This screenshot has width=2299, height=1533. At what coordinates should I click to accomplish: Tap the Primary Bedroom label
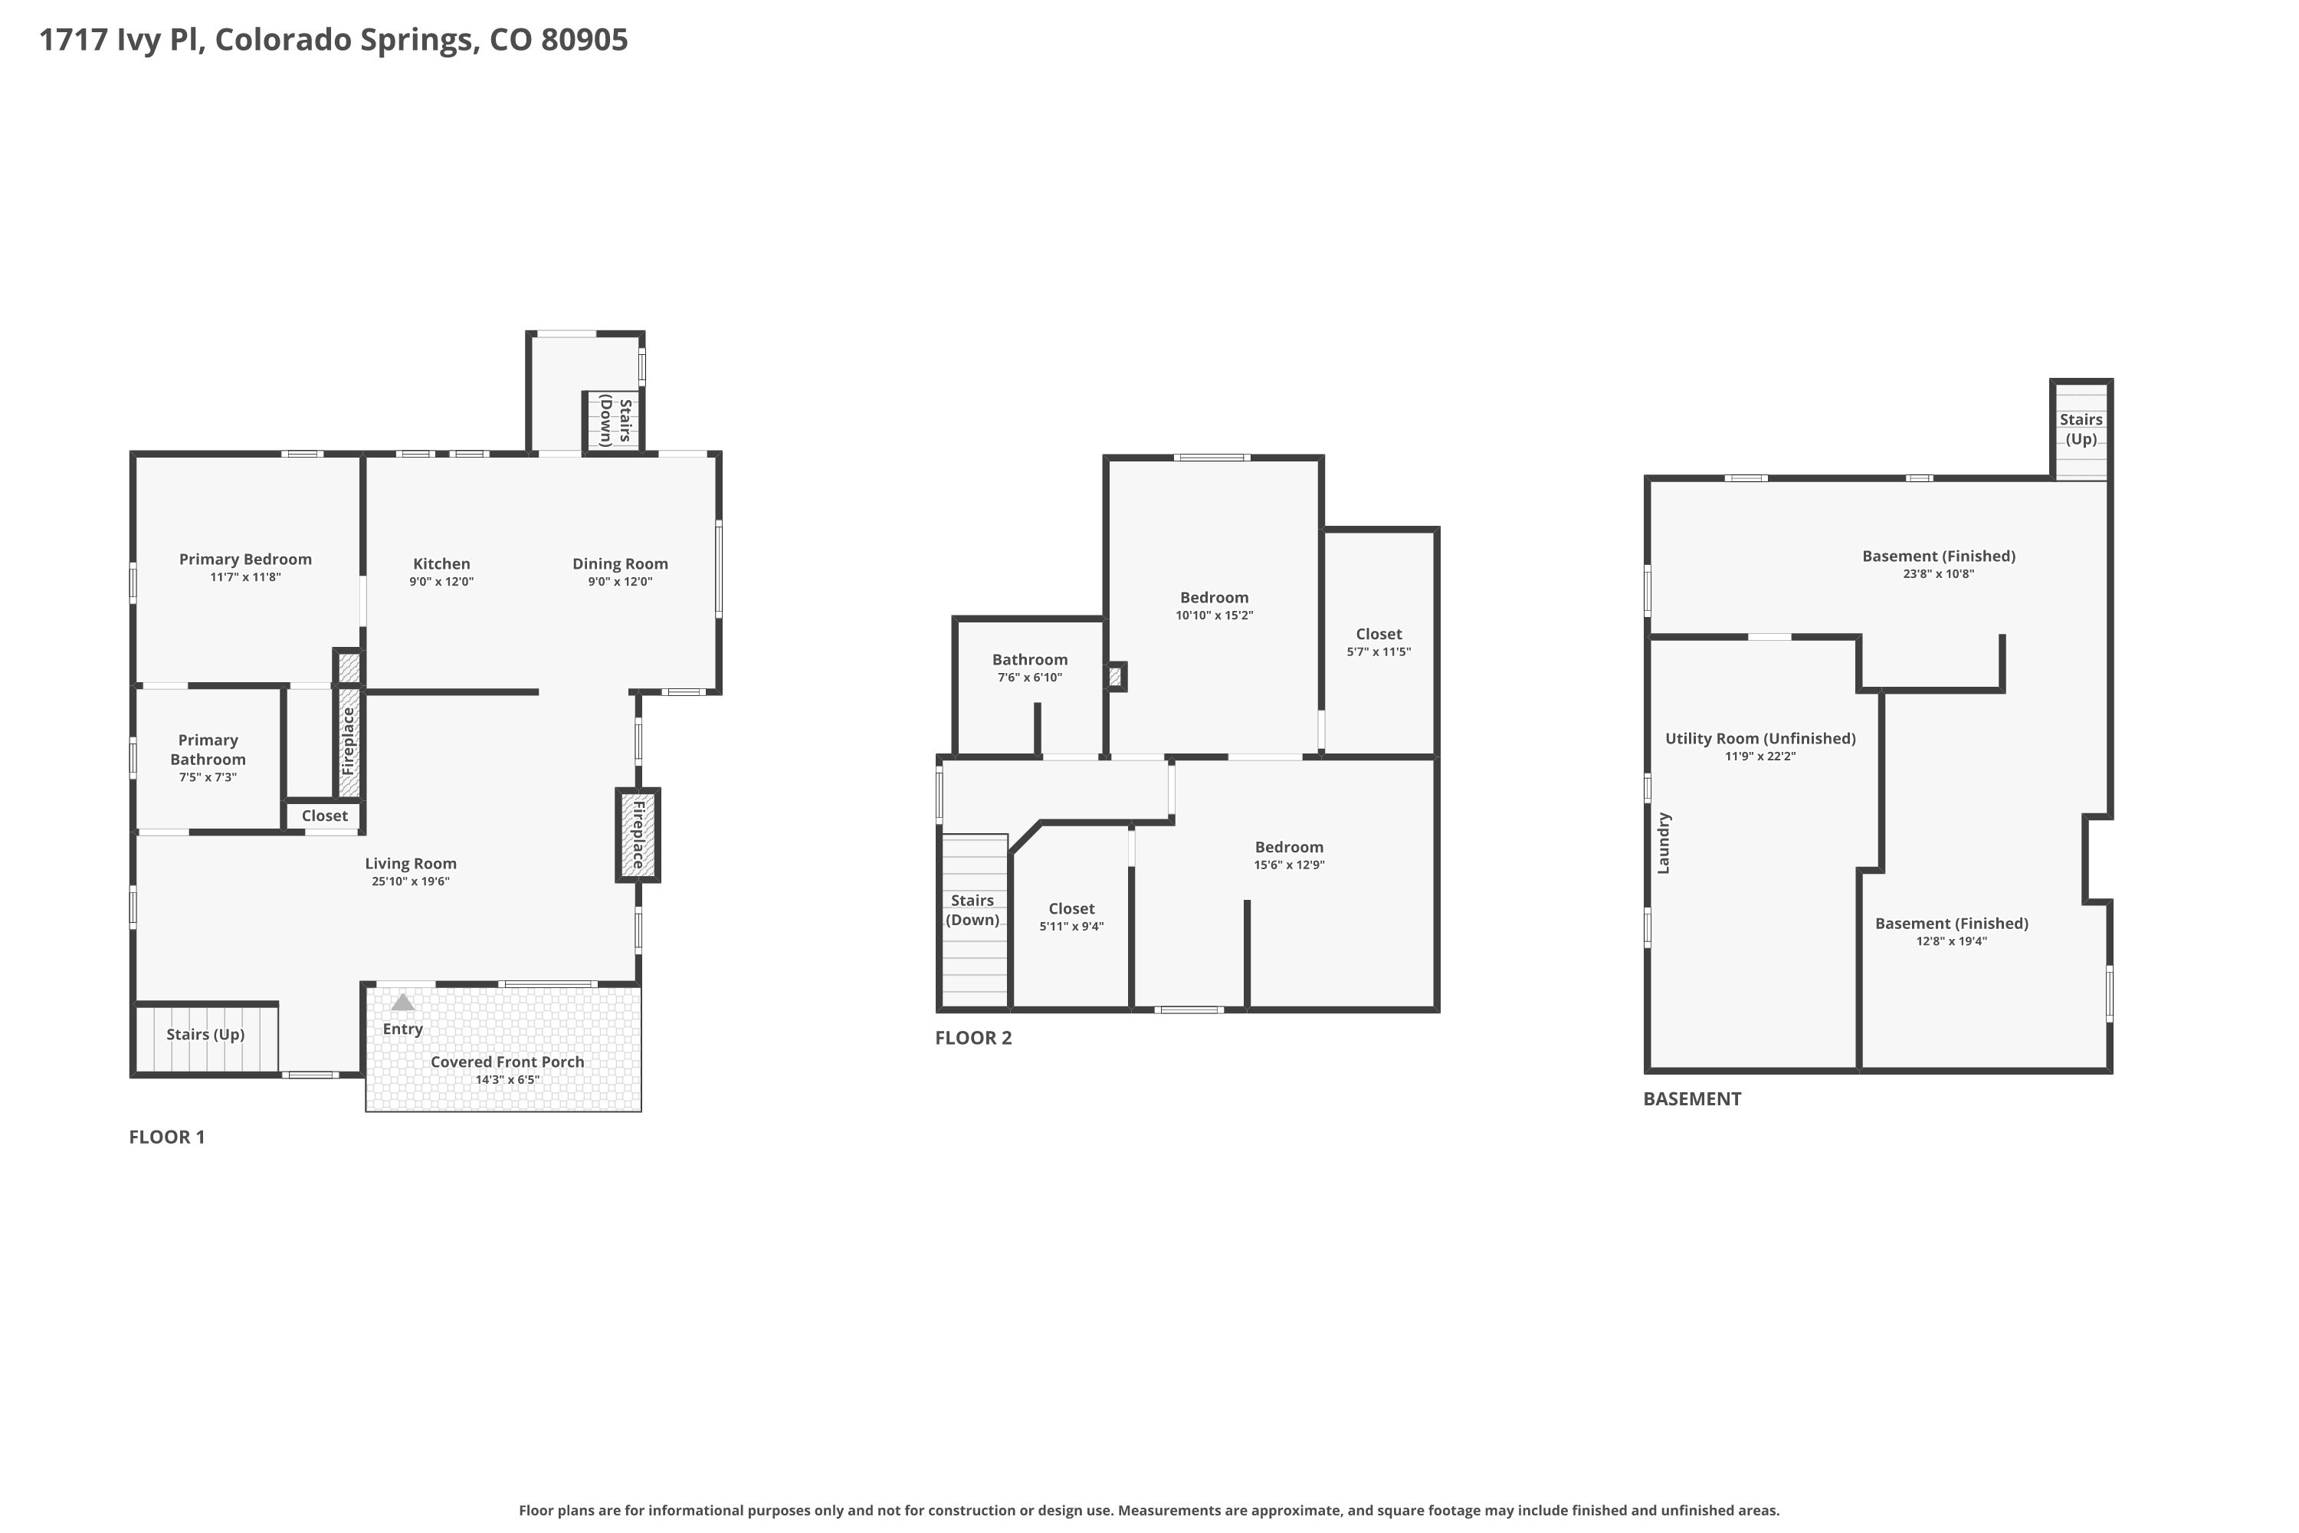pyautogui.click(x=245, y=560)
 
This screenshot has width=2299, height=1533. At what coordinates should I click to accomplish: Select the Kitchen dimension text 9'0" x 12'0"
pyautogui.click(x=442, y=582)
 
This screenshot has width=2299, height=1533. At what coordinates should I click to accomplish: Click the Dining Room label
pyautogui.click(x=620, y=564)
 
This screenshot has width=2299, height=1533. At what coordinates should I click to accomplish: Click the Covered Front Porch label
pyautogui.click(x=507, y=1062)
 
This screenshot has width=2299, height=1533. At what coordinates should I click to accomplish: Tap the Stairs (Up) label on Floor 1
pyautogui.click(x=205, y=1034)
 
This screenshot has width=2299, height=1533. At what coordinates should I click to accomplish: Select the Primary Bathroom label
pyautogui.click(x=208, y=750)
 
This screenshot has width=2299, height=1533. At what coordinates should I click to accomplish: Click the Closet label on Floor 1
pyautogui.click(x=324, y=816)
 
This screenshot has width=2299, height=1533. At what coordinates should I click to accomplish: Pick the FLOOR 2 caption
pyautogui.click(x=973, y=1039)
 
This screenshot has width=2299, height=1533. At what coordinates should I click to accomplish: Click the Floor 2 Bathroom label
pyautogui.click(x=1030, y=660)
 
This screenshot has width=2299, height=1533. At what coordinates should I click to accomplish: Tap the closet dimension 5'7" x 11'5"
pyautogui.click(x=1379, y=652)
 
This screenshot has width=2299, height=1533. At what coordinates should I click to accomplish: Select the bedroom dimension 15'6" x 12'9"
pyautogui.click(x=1289, y=865)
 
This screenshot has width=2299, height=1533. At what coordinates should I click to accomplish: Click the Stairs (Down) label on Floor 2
pyautogui.click(x=972, y=911)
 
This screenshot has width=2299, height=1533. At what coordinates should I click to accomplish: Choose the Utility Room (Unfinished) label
pyautogui.click(x=1760, y=739)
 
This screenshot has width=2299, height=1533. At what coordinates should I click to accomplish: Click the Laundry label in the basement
pyautogui.click(x=1664, y=842)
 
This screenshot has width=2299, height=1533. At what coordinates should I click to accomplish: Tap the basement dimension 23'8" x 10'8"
pyautogui.click(x=1938, y=575)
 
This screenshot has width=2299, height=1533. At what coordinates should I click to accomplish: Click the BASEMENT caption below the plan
pyautogui.click(x=1692, y=1099)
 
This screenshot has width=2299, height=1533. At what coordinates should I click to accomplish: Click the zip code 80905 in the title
pyautogui.click(x=585, y=40)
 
